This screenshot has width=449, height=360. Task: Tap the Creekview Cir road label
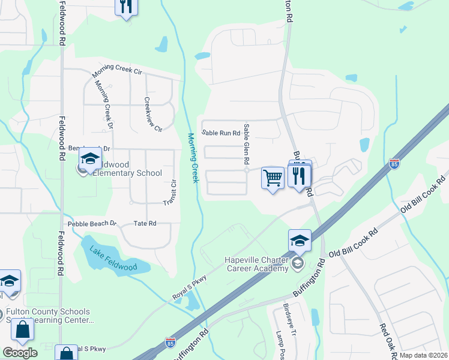[154, 115]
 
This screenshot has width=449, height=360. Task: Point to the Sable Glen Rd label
[246, 145]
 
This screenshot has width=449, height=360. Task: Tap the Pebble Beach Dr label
[91, 223]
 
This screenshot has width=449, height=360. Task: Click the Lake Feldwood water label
[113, 259]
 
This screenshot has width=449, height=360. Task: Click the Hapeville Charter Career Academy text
[256, 264]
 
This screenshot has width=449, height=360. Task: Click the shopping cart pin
[273, 178]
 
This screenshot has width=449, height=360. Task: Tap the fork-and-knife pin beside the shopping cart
[299, 176]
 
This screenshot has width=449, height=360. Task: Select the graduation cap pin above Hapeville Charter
[300, 241]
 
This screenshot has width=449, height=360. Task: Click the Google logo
[20, 353]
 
